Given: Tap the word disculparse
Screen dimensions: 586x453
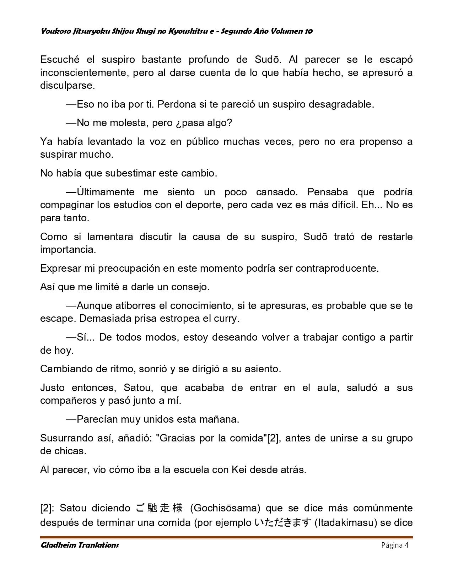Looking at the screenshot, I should [x=67, y=86].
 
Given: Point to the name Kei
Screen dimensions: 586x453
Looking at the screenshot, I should [x=239, y=470].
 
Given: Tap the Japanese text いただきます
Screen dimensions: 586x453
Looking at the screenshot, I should [x=283, y=523].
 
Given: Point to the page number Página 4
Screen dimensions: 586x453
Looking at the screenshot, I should [x=395, y=545].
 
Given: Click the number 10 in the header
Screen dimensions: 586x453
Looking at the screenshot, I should [x=308, y=31].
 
